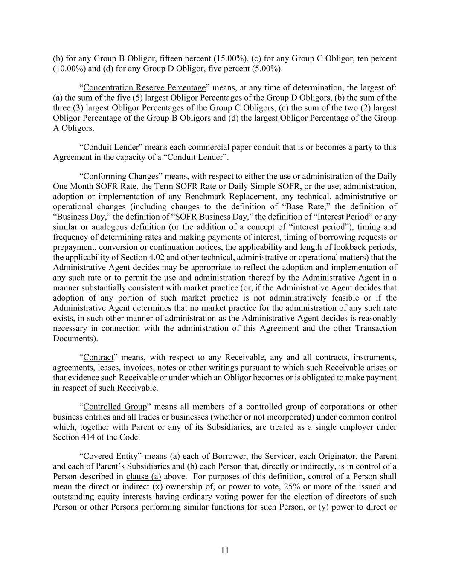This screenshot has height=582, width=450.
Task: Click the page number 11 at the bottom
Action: pos(225,550)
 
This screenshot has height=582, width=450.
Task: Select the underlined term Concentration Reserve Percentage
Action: pos(144,88)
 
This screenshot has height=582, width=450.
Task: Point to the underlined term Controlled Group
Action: pos(115,407)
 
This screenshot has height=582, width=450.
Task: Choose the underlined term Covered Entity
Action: pos(110,456)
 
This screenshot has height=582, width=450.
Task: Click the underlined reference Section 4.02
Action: pos(142,257)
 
